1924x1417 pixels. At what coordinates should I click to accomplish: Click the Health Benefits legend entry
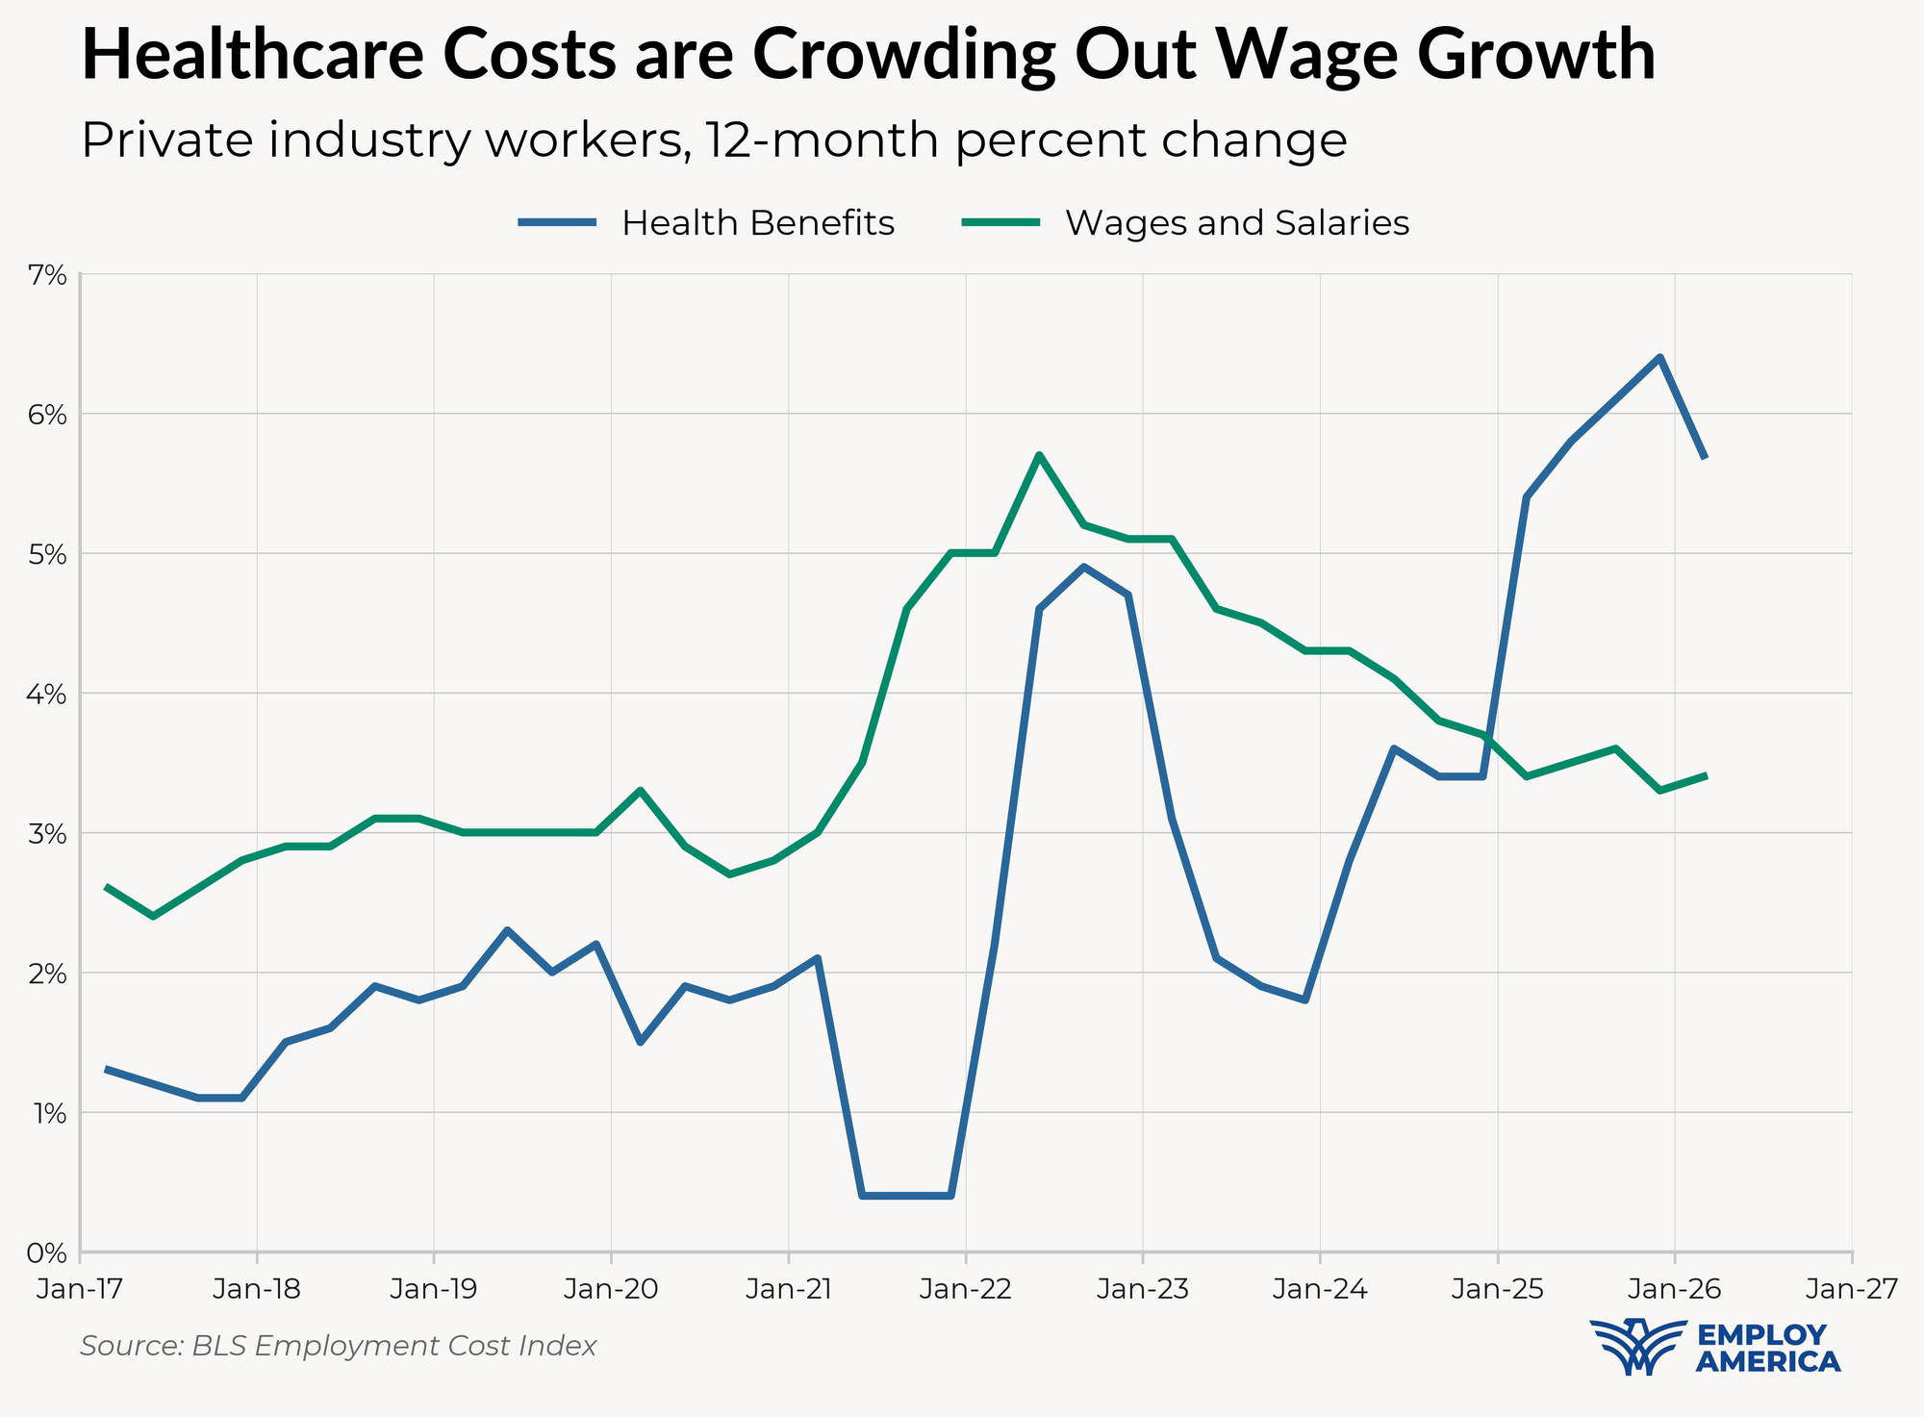[707, 223]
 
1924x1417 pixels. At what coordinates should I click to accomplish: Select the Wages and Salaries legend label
[1237, 223]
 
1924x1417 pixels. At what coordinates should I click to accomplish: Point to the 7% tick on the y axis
[49, 278]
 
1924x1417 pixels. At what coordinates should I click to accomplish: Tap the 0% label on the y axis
[49, 1253]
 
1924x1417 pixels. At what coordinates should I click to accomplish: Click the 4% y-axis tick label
[49, 694]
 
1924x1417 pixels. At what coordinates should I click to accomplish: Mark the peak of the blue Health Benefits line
[1660, 358]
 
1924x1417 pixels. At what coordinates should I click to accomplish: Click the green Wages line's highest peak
[1039, 455]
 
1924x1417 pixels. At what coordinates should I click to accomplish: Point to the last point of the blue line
[1705, 456]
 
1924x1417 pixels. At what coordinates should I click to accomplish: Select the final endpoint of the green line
[1705, 775]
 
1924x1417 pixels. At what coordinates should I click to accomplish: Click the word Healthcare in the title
[252, 55]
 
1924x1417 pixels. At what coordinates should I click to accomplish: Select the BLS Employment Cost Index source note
[339, 1346]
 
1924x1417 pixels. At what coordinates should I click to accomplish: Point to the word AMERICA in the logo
[1768, 1361]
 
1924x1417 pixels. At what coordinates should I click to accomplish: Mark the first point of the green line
[107, 887]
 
